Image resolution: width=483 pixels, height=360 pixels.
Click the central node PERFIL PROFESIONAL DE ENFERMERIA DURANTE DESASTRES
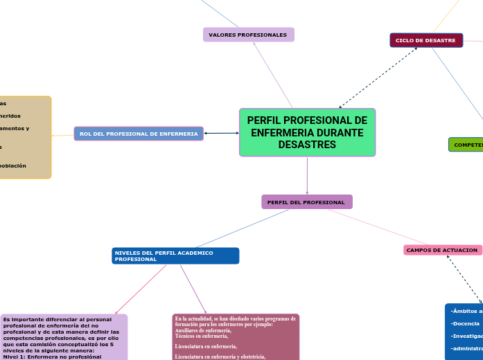307,132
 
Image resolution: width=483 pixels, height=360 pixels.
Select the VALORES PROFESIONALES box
248,35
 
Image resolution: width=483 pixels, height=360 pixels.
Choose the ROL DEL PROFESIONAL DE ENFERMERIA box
139,134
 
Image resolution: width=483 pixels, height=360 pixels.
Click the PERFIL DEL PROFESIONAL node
306,202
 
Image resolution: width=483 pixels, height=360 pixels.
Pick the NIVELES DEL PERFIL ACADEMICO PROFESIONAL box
175,256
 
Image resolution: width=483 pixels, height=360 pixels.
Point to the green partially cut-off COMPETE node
466,145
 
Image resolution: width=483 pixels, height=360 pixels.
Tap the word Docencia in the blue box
466,323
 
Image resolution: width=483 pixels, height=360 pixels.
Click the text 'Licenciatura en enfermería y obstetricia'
220,356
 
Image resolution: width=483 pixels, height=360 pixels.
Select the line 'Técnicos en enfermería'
202,335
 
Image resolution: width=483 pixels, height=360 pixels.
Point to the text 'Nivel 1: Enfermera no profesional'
52,357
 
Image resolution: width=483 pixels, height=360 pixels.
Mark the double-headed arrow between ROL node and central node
221,133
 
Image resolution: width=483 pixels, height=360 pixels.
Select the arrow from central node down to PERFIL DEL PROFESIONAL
307,176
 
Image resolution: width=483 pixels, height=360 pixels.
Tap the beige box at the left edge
24,137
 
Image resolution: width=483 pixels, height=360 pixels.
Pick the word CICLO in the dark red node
405,41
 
